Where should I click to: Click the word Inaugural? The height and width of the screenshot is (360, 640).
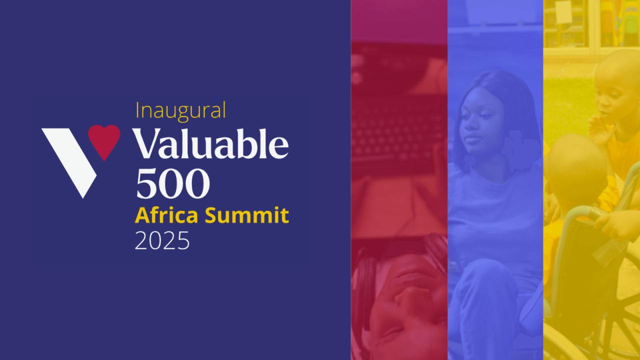pos(180,111)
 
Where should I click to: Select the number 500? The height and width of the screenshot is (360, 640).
pos(173,183)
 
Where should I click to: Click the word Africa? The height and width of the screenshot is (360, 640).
pos(166,215)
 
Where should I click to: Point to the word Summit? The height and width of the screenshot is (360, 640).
pos(247,215)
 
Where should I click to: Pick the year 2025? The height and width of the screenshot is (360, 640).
pos(162,240)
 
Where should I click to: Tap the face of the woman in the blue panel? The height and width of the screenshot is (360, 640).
pos(481,121)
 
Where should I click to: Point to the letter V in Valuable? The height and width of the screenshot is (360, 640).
pos(147,143)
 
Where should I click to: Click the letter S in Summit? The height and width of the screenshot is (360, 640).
pos(210,215)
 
